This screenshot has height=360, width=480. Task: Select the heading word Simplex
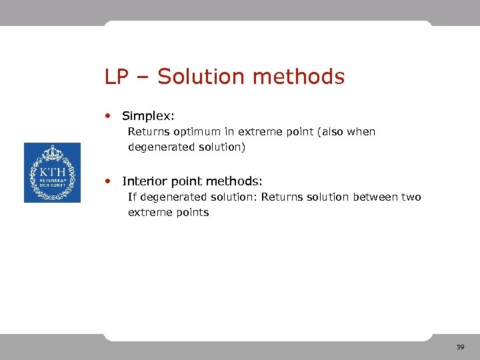click(x=148, y=117)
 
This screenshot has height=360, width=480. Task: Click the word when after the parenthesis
click(x=361, y=132)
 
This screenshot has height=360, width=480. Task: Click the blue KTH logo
click(x=52, y=173)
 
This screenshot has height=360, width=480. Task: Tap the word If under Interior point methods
click(x=132, y=197)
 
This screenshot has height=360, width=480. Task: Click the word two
click(x=411, y=197)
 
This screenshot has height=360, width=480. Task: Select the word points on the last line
click(x=193, y=213)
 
